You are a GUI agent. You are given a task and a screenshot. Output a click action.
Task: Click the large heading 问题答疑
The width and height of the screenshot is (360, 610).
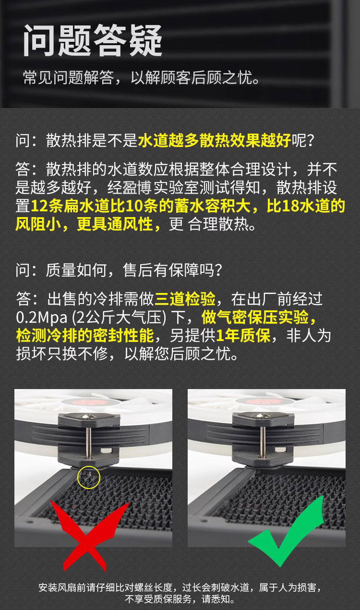click(x=93, y=40)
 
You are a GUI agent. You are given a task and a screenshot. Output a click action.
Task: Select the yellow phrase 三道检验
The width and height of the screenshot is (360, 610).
click(x=185, y=299)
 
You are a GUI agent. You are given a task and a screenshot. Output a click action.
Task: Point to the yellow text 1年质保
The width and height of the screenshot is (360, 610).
click(x=243, y=335)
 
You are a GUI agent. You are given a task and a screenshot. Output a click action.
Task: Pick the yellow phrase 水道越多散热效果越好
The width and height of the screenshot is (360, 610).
click(x=215, y=141)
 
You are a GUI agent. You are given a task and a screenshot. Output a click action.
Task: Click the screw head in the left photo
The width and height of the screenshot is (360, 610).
click(x=89, y=416)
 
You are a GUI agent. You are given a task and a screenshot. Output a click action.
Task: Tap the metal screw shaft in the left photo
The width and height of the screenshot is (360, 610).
click(x=88, y=443)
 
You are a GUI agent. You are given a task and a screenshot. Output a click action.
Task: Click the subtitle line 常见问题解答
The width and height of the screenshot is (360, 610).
click(x=68, y=77)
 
